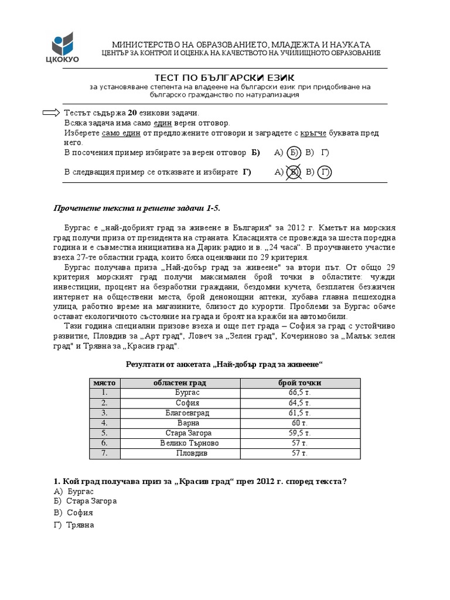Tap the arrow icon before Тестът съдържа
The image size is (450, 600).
[x=52, y=112]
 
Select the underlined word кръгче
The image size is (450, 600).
[x=313, y=133]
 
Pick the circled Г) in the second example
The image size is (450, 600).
[x=325, y=172]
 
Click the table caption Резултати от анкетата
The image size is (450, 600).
[x=225, y=364]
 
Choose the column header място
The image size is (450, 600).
[x=104, y=383]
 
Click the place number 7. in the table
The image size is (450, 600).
[x=104, y=453]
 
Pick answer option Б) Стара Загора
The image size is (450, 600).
[x=85, y=502]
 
